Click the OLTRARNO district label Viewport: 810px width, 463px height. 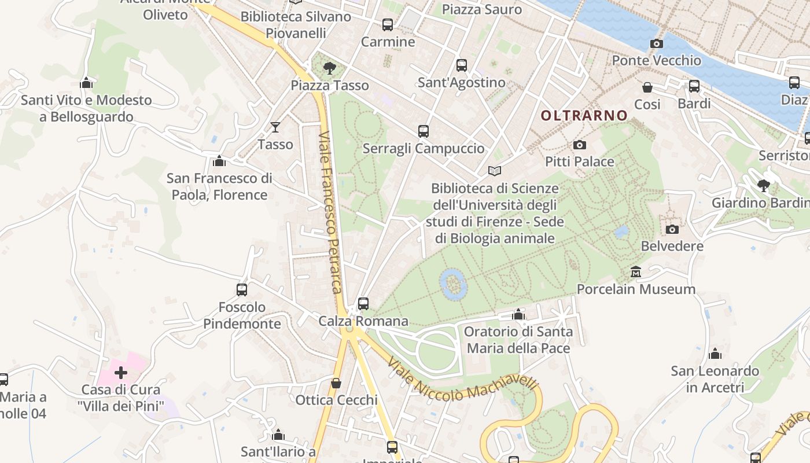[x=584, y=115]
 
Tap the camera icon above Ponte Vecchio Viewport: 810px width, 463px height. [x=656, y=43]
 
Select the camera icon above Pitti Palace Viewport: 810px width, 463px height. [x=579, y=145]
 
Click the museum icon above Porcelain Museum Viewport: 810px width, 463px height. [x=636, y=271]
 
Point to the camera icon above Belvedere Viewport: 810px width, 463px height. [x=672, y=229]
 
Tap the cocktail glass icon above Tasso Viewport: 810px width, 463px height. [x=275, y=127]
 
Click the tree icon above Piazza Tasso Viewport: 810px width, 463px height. [x=330, y=68]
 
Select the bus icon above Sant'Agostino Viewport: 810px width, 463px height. [x=461, y=65]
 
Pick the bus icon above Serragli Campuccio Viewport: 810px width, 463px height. [x=423, y=131]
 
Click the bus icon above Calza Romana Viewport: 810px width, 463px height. [x=363, y=303]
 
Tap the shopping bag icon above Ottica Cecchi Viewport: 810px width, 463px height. [x=336, y=383]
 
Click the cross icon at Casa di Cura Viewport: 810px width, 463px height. [x=121, y=372]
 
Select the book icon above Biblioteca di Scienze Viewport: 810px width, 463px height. [x=494, y=171]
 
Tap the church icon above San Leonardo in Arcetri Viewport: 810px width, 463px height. [x=715, y=353]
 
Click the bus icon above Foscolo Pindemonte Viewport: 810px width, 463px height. [x=242, y=289]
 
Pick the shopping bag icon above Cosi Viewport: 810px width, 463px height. [x=647, y=87]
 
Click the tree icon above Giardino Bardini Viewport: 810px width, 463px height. [x=764, y=186]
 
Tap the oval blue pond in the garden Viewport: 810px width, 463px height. [x=453, y=284]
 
